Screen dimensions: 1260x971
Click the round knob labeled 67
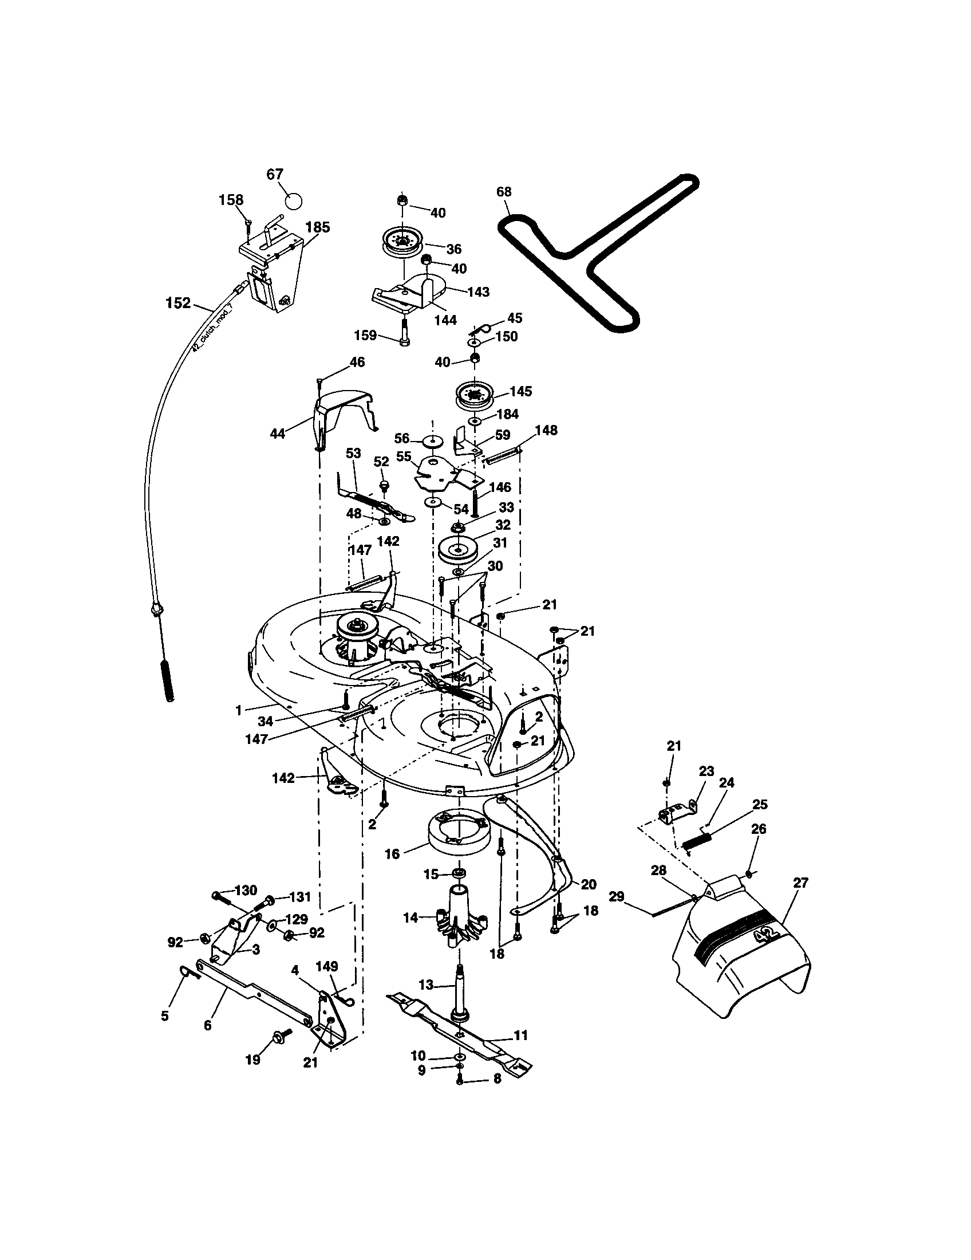tap(294, 202)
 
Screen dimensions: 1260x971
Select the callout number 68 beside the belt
tap(503, 191)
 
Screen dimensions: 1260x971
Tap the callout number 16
tap(392, 854)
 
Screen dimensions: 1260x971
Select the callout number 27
tap(800, 883)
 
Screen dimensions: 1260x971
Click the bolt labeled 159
tap(403, 336)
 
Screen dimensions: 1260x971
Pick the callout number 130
tap(246, 891)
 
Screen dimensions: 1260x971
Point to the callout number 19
tap(252, 1060)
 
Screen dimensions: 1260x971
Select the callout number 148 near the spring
tap(546, 430)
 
